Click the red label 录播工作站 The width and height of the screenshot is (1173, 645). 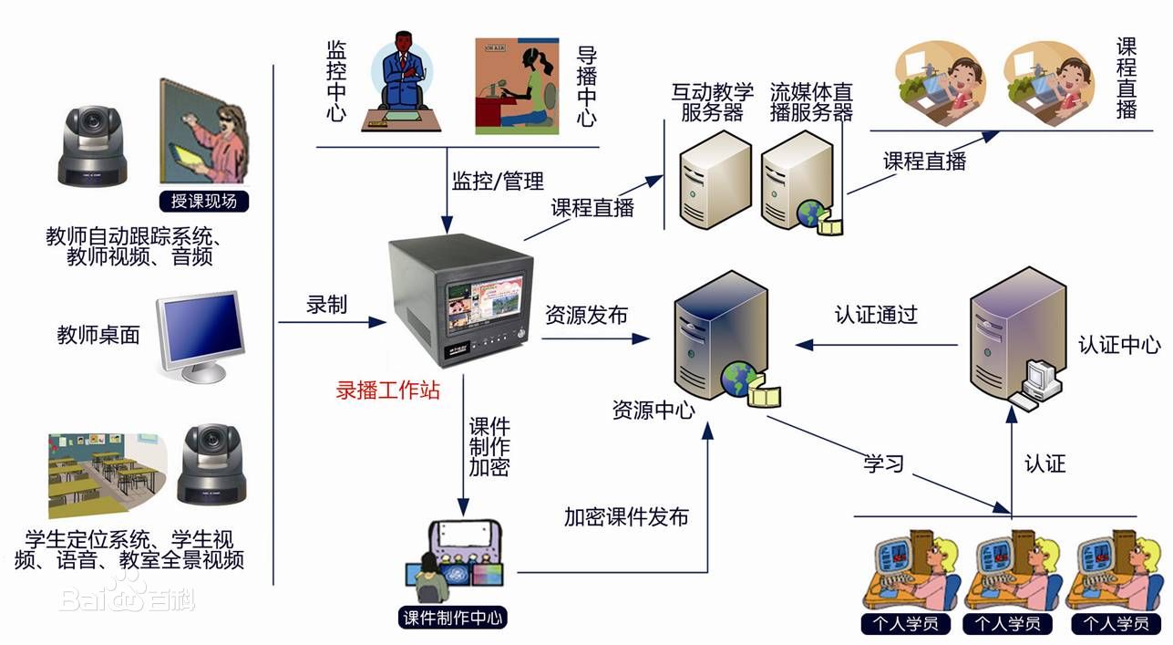(x=388, y=390)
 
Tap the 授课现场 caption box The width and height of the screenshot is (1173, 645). (x=204, y=201)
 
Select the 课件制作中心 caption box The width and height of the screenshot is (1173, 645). (x=453, y=618)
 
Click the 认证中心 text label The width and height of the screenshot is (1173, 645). (x=1119, y=345)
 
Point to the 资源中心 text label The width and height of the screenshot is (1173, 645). (x=653, y=410)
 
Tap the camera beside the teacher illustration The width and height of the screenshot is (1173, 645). (x=93, y=145)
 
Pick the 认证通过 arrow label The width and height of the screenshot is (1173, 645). (x=876, y=315)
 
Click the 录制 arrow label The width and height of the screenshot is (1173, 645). (x=326, y=305)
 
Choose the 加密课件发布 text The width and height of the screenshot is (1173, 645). (x=626, y=517)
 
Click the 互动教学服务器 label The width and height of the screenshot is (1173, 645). (x=713, y=102)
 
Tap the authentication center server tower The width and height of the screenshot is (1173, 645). (x=1016, y=333)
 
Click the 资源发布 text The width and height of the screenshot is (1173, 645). (x=586, y=315)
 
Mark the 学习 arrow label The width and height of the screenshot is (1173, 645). (x=883, y=463)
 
